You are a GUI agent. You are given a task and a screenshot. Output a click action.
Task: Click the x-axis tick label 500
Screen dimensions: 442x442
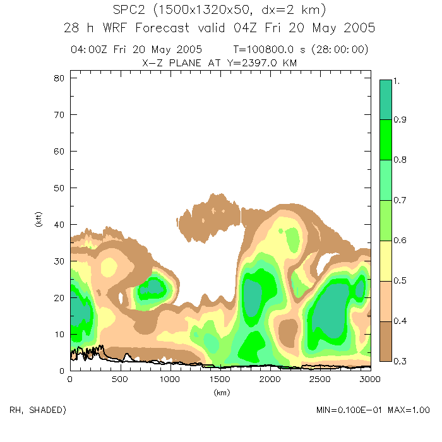pyautogui.click(x=120, y=379)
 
